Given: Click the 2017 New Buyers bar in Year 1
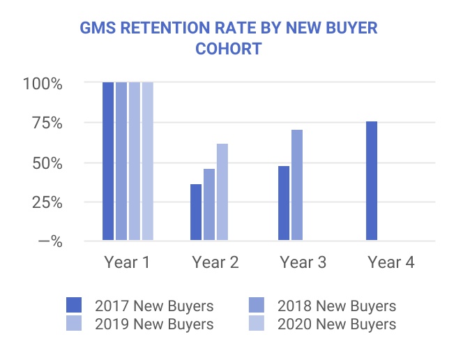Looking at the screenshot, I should point(108,161).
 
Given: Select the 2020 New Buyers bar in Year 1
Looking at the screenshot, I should point(147,161).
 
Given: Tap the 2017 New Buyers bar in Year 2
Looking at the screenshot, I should point(196,213).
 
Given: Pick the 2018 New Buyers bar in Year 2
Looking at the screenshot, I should point(209,205).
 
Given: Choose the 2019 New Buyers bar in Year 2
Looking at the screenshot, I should point(222,193).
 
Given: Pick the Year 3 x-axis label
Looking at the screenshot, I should point(303,262).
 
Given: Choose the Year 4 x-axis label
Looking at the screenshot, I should point(390,262).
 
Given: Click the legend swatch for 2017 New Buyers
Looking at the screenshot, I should point(74,306).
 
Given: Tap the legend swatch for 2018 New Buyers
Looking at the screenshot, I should point(256,306).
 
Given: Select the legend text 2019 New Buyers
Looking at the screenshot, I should point(154,324).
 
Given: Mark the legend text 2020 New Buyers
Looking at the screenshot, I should point(336,324).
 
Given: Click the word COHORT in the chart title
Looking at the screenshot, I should point(228,50).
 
